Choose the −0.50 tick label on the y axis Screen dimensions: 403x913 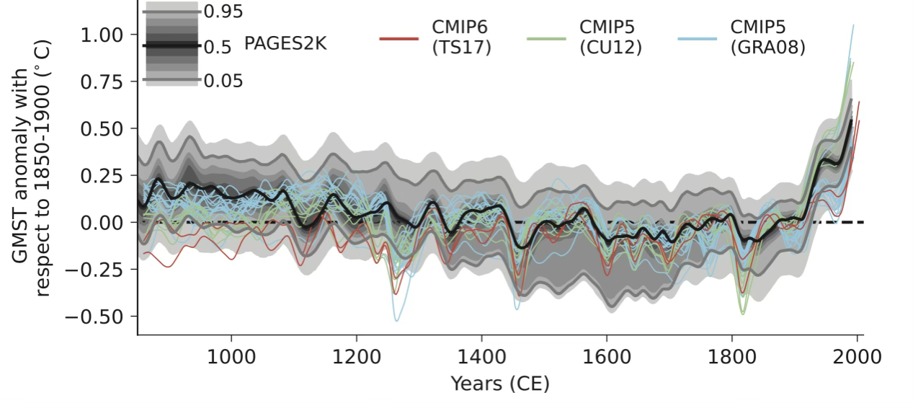click(x=98, y=316)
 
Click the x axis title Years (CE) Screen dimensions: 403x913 click(x=499, y=384)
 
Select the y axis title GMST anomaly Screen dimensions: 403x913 click(x=29, y=180)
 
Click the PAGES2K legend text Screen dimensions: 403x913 click(x=285, y=45)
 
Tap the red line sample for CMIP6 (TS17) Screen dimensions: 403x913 click(x=398, y=39)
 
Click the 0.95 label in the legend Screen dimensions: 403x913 click(x=223, y=12)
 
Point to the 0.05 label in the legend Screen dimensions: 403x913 click(x=223, y=81)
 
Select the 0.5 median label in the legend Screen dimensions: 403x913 click(x=217, y=47)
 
